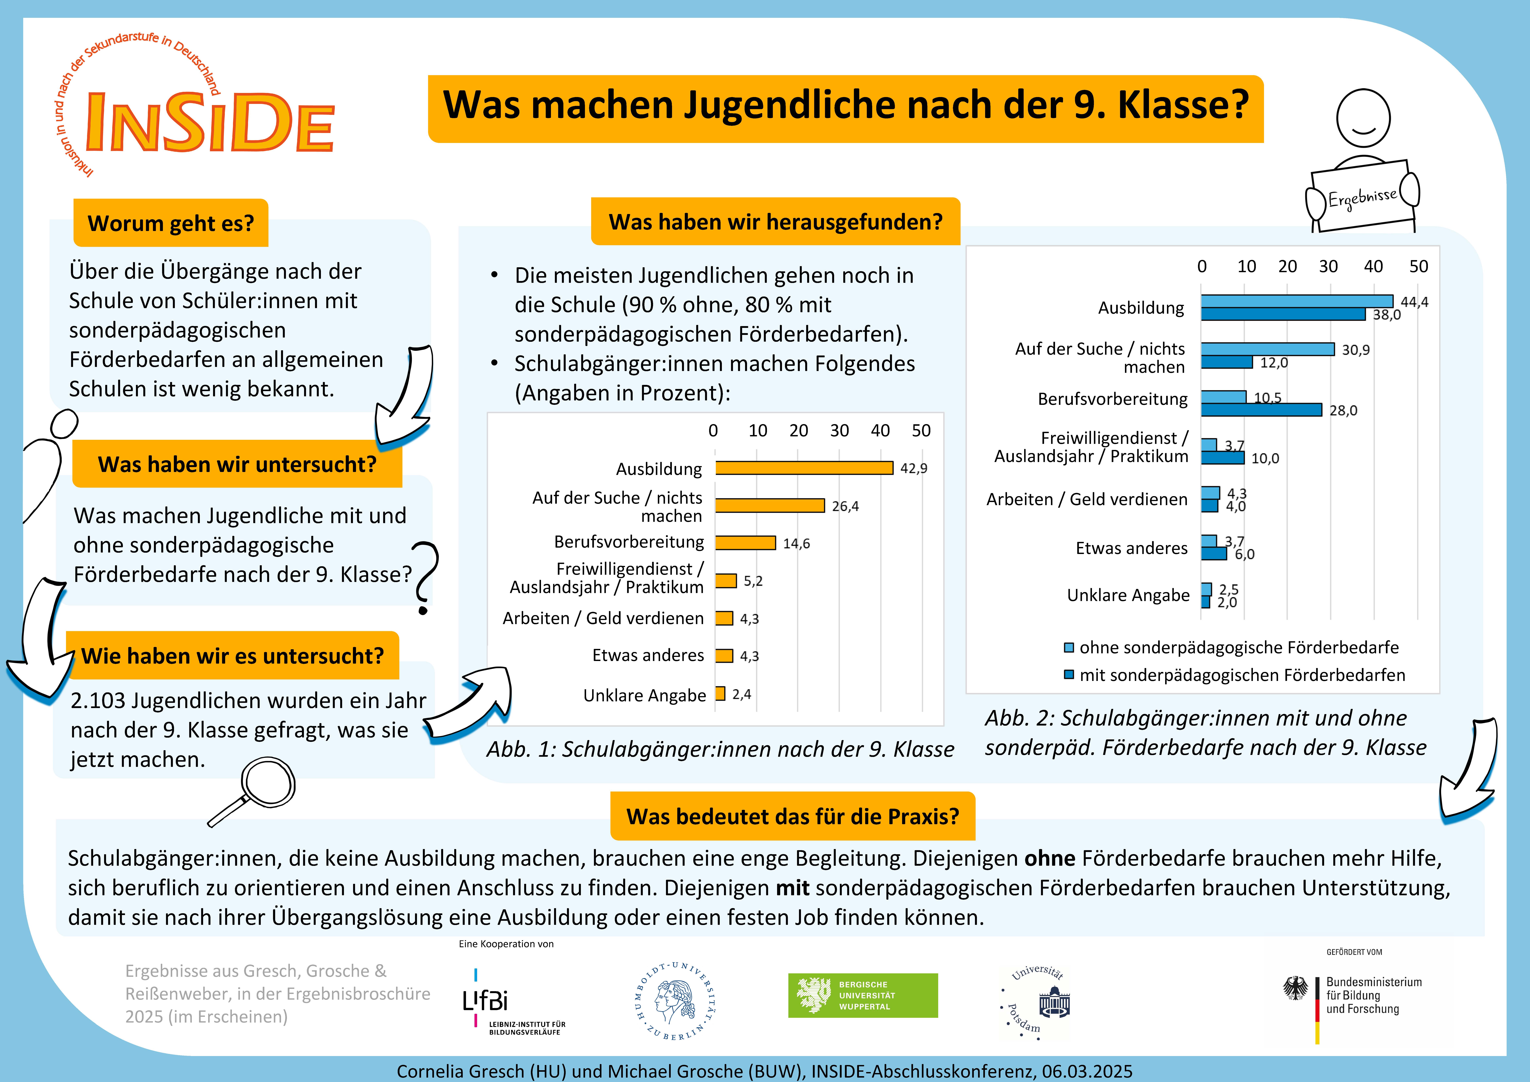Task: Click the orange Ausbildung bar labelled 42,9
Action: [x=804, y=468]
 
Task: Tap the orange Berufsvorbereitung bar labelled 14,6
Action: [x=746, y=543]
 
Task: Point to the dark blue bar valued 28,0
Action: [x=1261, y=410]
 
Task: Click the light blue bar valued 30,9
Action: [x=1268, y=349]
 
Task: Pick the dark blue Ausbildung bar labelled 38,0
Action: [x=1283, y=314]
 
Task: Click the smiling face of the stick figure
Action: [x=1363, y=119]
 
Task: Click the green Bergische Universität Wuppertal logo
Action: [x=863, y=995]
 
